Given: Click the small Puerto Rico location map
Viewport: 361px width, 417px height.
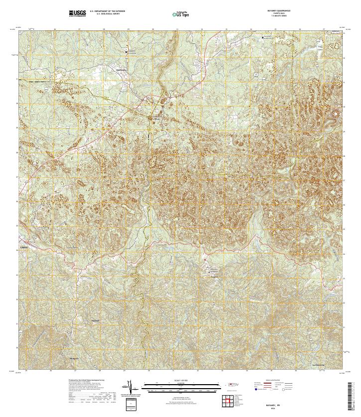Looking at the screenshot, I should coord(232,385).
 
